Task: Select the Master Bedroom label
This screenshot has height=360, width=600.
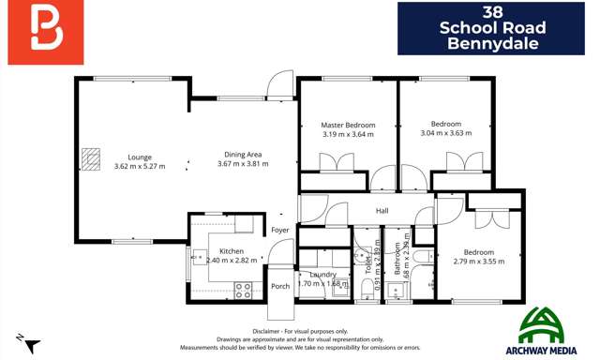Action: [x=348, y=125]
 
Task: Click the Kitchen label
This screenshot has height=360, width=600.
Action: [x=232, y=251]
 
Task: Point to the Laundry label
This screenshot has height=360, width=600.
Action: [x=322, y=274]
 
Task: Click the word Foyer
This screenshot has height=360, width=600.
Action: [x=280, y=230]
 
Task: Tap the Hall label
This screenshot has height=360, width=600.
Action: [x=382, y=212]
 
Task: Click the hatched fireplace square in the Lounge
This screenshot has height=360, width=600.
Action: [x=89, y=159]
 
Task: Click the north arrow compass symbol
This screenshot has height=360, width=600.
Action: [x=26, y=342]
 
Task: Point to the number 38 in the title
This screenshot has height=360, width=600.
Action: [x=495, y=12]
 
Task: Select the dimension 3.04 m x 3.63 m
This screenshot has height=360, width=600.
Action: [x=445, y=134]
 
